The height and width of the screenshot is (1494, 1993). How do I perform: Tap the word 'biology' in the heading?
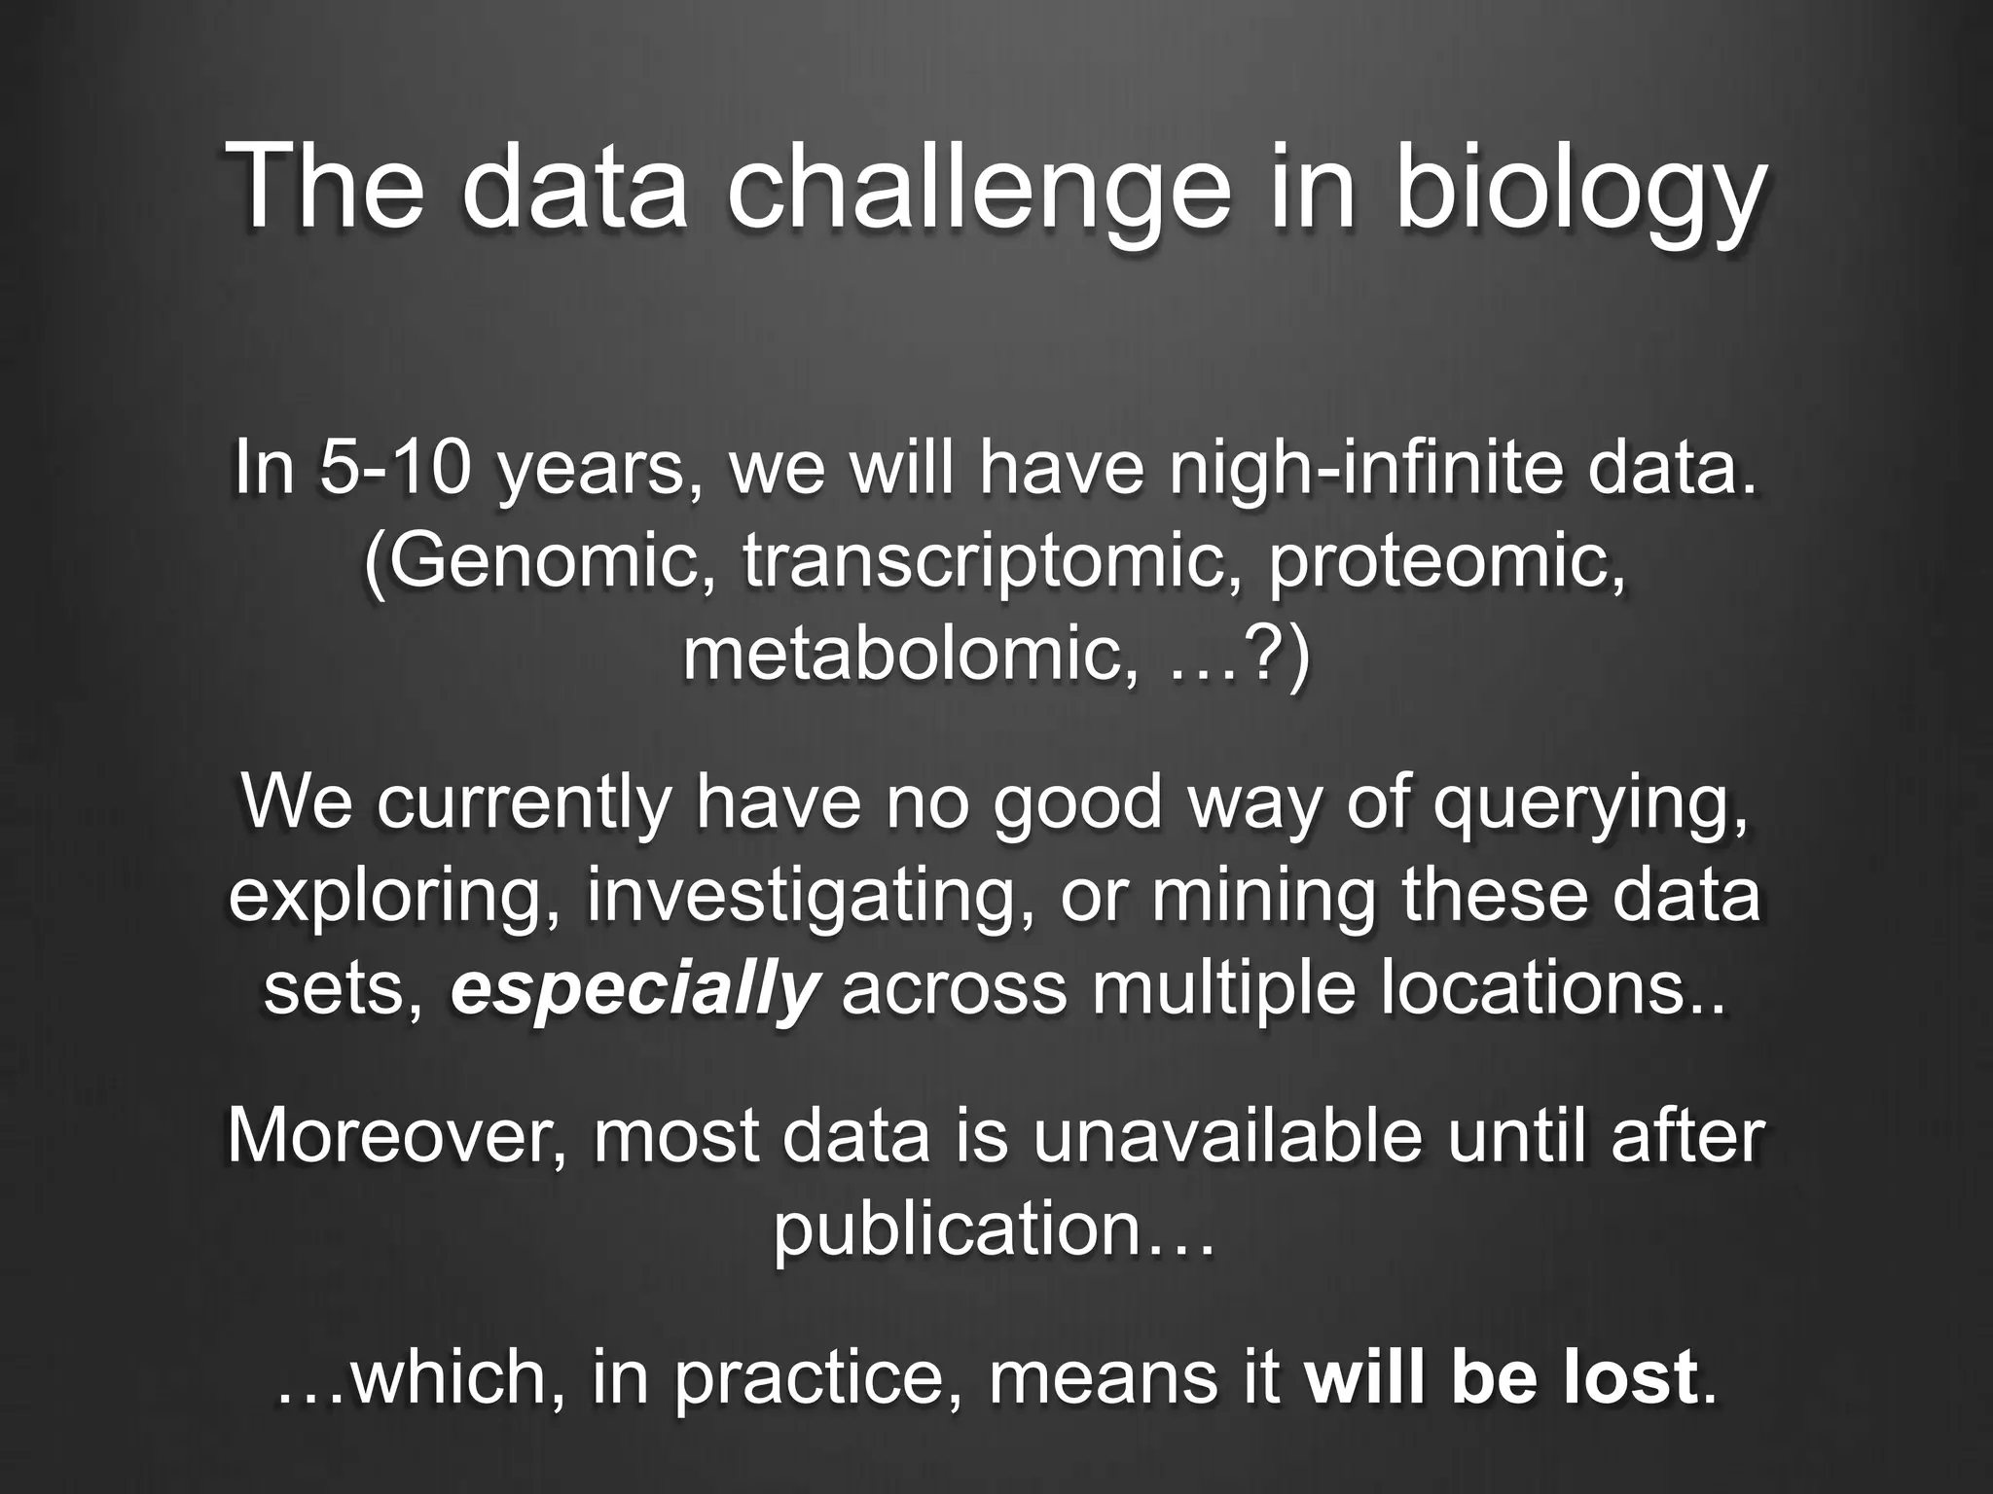pos(1578,187)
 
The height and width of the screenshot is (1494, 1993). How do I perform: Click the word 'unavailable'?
pos(1227,1136)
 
